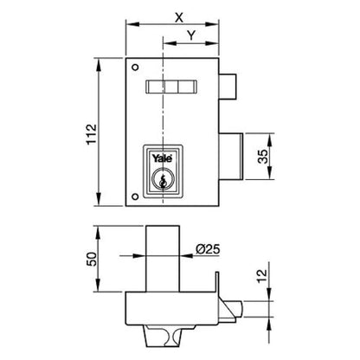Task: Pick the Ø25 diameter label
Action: point(209,248)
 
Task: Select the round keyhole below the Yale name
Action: point(162,178)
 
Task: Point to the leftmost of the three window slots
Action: point(157,86)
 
